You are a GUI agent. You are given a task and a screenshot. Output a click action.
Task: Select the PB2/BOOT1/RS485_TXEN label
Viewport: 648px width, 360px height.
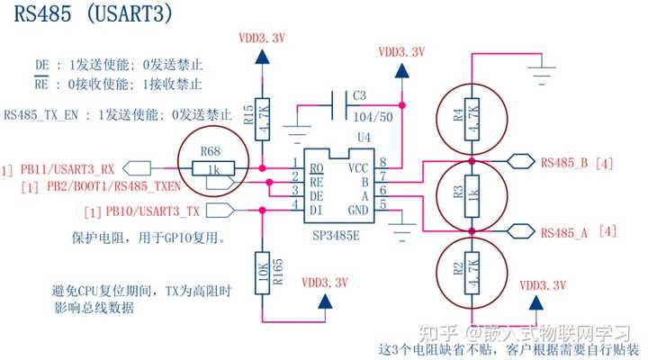(101, 187)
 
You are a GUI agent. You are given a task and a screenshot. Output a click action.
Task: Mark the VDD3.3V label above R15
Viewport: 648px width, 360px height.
(261, 38)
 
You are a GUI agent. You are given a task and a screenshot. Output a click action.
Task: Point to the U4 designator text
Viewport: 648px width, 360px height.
(363, 137)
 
